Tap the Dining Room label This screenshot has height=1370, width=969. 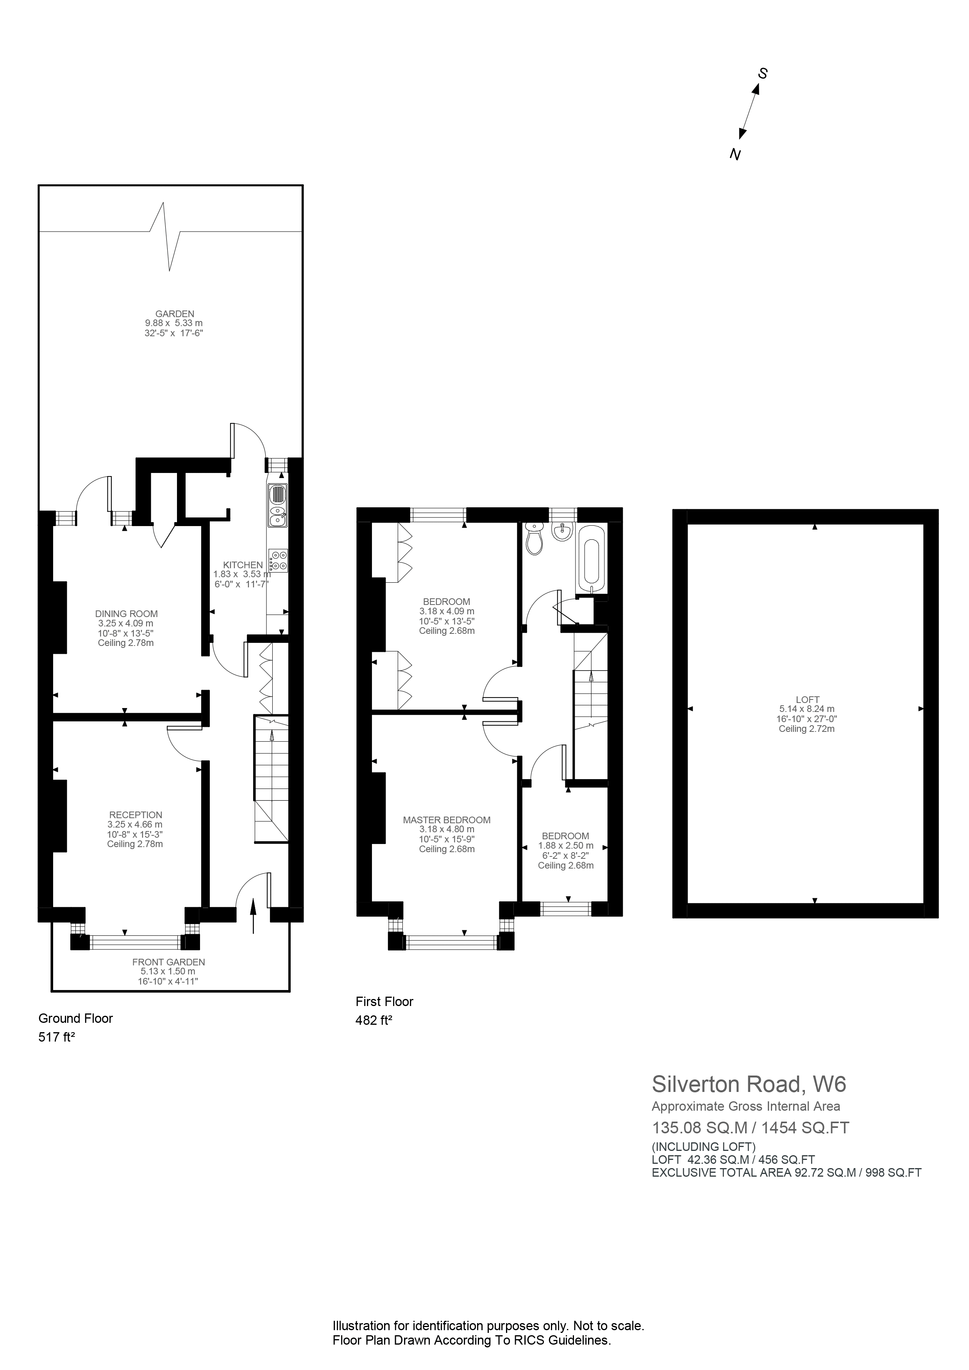(127, 614)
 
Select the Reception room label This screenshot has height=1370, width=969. (136, 815)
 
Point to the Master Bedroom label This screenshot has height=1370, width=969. (447, 820)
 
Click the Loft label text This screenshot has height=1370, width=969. (807, 699)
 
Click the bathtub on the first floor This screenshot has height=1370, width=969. (591, 562)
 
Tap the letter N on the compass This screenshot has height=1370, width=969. (736, 155)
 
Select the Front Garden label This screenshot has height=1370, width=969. (168, 962)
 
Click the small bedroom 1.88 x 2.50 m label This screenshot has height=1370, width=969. (565, 846)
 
